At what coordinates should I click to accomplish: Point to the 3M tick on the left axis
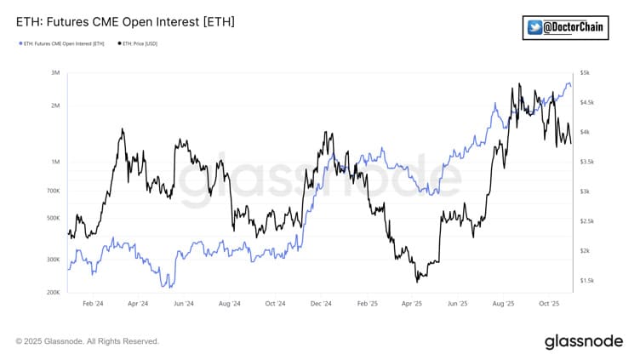click(55, 73)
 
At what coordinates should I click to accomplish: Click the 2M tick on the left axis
click(55, 106)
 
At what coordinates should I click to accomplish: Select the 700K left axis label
click(53, 191)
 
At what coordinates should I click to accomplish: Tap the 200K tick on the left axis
click(53, 292)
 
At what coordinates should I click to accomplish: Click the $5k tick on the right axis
click(586, 73)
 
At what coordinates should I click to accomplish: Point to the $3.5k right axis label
click(588, 162)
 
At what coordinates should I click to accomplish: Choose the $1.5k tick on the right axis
click(588, 280)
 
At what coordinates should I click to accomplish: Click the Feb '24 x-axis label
click(93, 303)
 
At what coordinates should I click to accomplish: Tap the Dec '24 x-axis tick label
click(322, 303)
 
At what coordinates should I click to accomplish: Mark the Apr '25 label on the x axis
click(412, 303)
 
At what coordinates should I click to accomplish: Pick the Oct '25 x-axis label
click(549, 303)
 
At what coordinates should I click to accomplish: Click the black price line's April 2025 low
click(417, 280)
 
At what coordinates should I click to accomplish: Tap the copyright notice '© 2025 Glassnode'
click(87, 341)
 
